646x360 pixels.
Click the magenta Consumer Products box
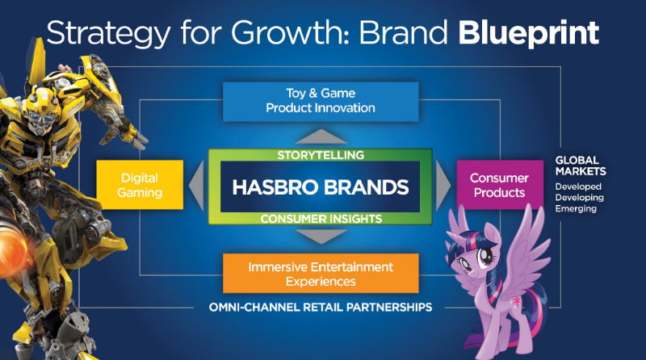pyautogui.click(x=499, y=185)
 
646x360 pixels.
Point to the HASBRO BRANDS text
pyautogui.click(x=321, y=186)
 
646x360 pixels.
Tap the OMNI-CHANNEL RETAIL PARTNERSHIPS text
pyautogui.click(x=321, y=307)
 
